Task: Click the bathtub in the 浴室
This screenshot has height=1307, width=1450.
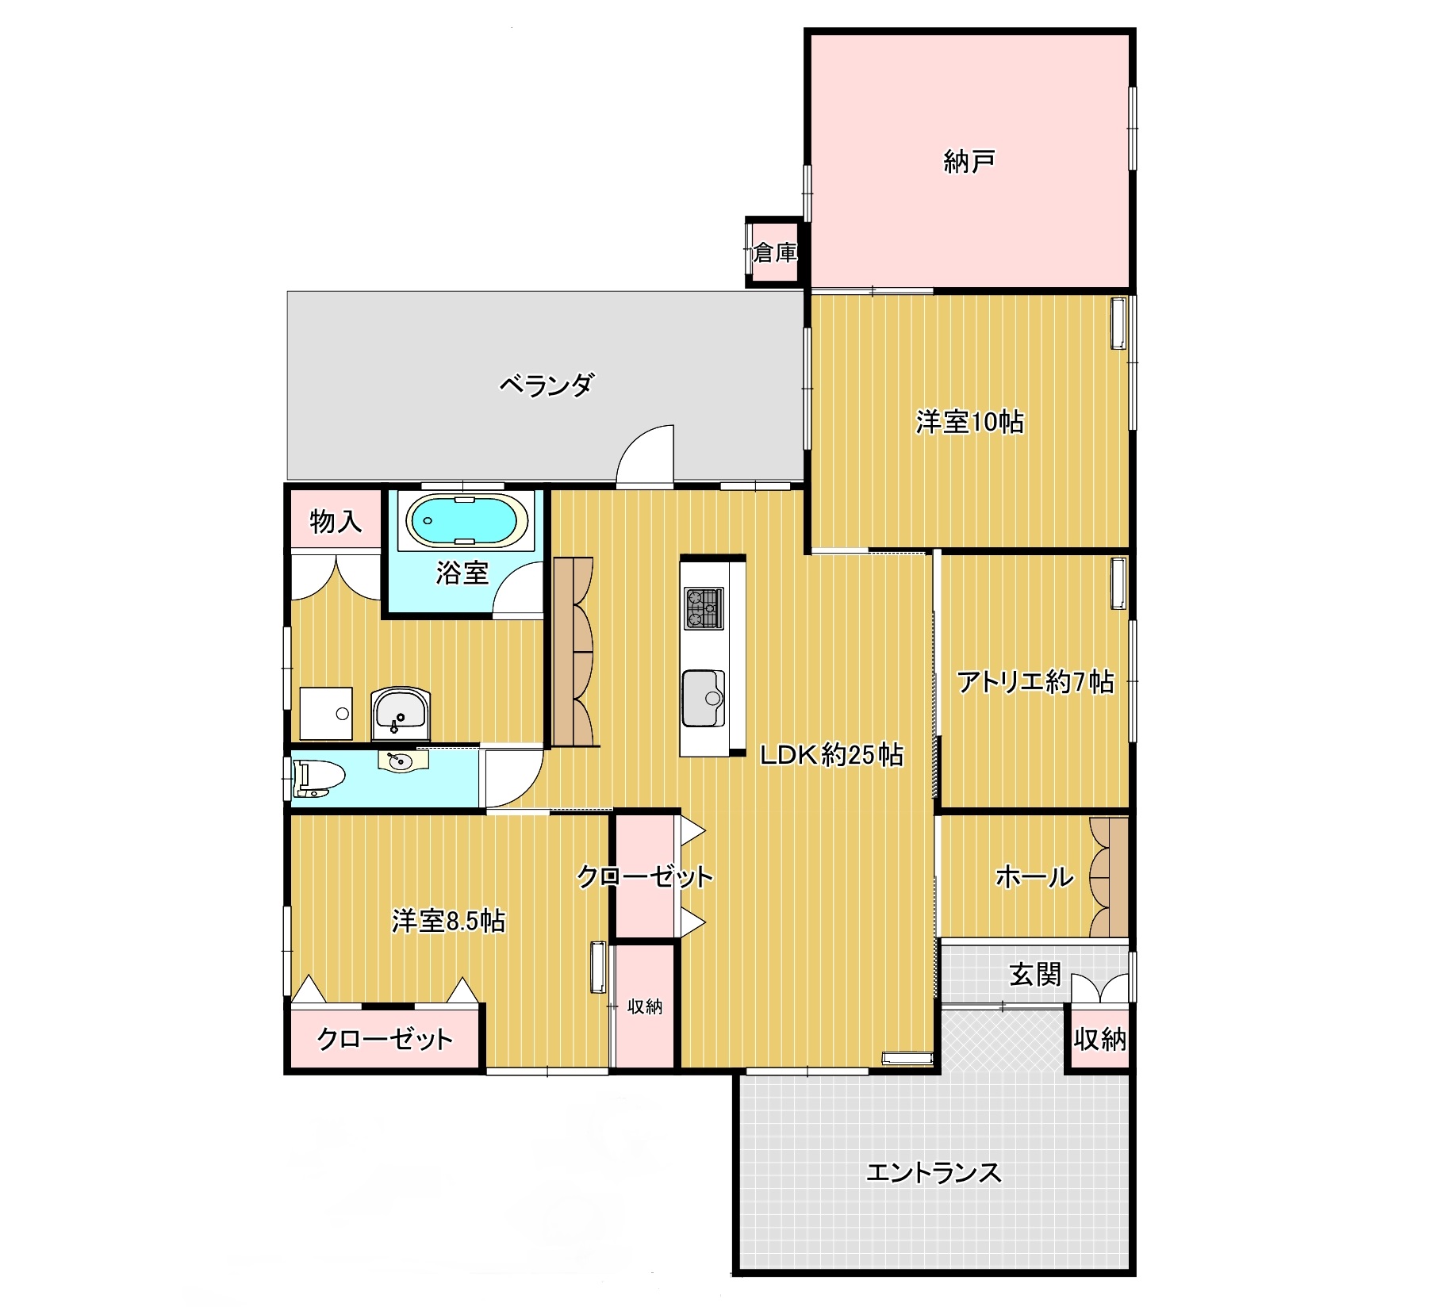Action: pos(467,520)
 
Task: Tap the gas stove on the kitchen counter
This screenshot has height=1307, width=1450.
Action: pos(704,608)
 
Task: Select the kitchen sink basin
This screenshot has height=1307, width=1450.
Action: pos(704,698)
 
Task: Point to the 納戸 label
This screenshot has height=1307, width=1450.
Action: pos(969,162)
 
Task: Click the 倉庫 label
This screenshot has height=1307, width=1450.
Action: pos(774,253)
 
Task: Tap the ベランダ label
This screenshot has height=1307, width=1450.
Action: pos(546,385)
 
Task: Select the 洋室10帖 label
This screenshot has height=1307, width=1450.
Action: pos(969,421)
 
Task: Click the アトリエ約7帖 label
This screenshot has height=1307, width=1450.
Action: pos(1035,681)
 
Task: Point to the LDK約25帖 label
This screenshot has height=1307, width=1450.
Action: pos(831,754)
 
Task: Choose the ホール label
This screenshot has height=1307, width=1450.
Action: pos(1034,876)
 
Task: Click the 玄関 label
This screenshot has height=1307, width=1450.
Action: pos(1034,974)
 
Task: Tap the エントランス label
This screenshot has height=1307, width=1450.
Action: pos(934,1172)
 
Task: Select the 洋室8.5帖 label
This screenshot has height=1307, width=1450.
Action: pos(448,921)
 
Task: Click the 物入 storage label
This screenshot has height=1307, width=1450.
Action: pos(336,521)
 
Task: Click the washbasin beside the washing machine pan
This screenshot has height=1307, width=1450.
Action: pos(401,713)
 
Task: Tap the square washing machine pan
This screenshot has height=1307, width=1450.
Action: pos(326,713)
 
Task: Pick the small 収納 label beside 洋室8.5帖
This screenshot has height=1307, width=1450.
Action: pos(644,1006)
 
